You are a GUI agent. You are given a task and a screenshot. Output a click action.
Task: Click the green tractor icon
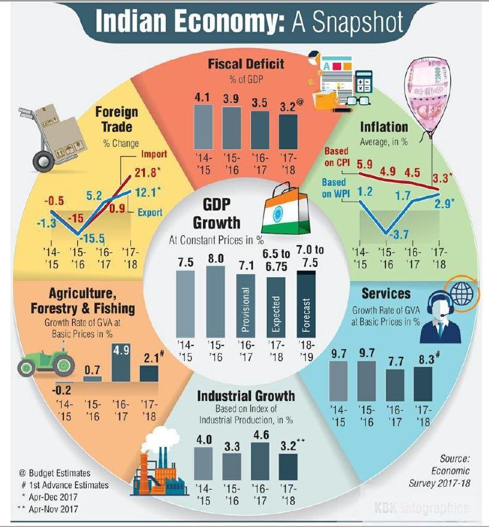pyautogui.click(x=44, y=362)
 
